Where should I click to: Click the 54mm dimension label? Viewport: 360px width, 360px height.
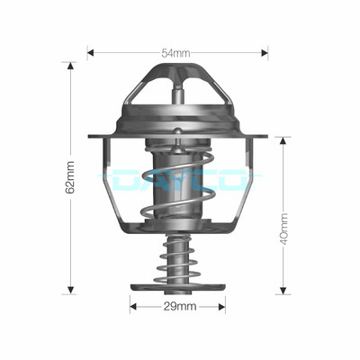175,53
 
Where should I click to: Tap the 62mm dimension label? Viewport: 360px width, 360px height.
70,179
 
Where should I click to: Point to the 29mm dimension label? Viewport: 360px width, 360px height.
180,307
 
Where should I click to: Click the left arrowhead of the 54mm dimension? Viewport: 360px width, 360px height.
91,53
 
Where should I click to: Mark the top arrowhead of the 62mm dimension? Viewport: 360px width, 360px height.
70,65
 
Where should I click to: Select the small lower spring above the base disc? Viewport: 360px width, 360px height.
178,261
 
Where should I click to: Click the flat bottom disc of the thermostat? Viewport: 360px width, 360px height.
178,288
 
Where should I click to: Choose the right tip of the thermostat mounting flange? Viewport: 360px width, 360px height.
266,137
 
